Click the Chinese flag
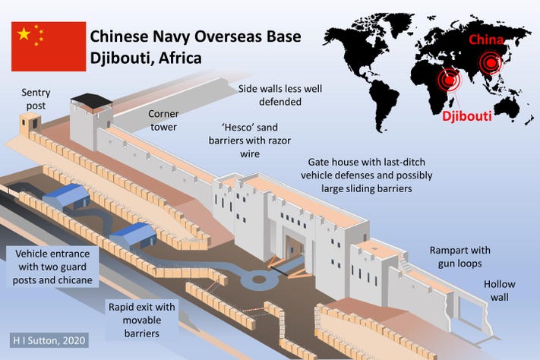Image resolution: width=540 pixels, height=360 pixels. [x=48, y=46]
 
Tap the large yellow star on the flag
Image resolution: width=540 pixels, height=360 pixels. [x=24, y=33]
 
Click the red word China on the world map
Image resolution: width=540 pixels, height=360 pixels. [x=485, y=39]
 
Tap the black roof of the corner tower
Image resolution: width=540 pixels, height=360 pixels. [x=90, y=101]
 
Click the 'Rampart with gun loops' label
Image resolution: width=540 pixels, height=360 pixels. [x=460, y=256]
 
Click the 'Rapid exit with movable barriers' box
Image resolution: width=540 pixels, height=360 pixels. [x=141, y=319]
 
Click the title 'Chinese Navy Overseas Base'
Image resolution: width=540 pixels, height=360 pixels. [x=195, y=36]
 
